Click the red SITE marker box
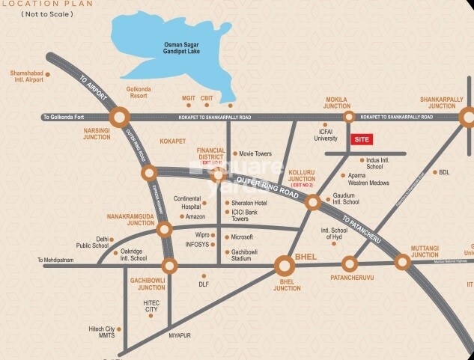click(x=362, y=139)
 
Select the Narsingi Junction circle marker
click(x=120, y=117)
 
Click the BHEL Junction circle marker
click(x=285, y=266)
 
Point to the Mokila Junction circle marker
click(x=348, y=117)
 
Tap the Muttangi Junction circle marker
click(x=403, y=262)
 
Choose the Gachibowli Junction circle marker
click(x=170, y=266)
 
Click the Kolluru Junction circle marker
click(x=312, y=201)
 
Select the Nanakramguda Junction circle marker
click(x=164, y=229)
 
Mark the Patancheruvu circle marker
click(x=350, y=263)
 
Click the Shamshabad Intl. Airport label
click(x=27, y=77)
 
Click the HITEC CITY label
click(x=152, y=305)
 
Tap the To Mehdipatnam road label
click(x=61, y=260)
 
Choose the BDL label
click(x=444, y=172)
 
